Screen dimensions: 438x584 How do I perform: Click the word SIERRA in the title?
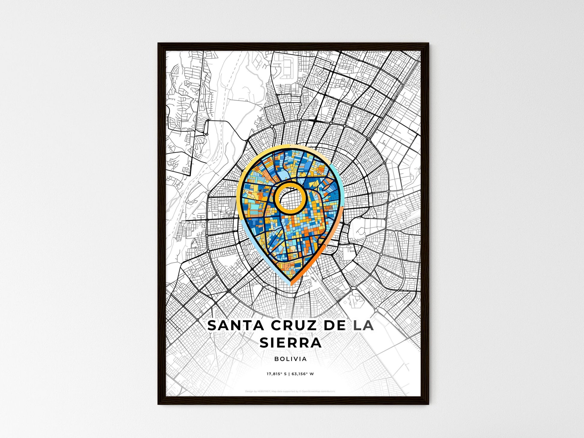coord(290,343)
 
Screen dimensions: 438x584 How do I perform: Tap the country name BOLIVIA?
coord(290,359)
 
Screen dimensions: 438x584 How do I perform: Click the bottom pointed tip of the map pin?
coord(290,283)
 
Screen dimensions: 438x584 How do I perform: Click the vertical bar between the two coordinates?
coord(289,374)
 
